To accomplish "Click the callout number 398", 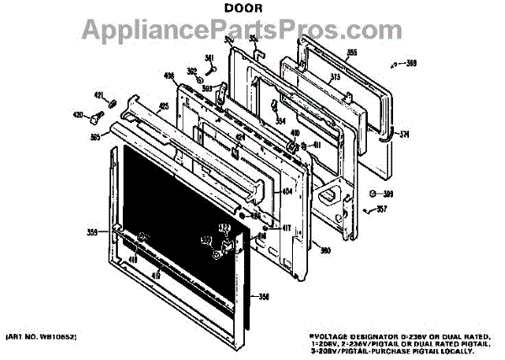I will pyautogui.click(x=412, y=64).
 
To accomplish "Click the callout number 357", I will pyautogui.click(x=381, y=209).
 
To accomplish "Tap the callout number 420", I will pyautogui.click(x=77, y=115).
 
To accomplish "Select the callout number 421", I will pyautogui.click(x=98, y=95).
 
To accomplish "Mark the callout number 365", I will pyautogui.click(x=96, y=137).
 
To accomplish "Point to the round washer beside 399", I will pyautogui.click(x=375, y=193).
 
